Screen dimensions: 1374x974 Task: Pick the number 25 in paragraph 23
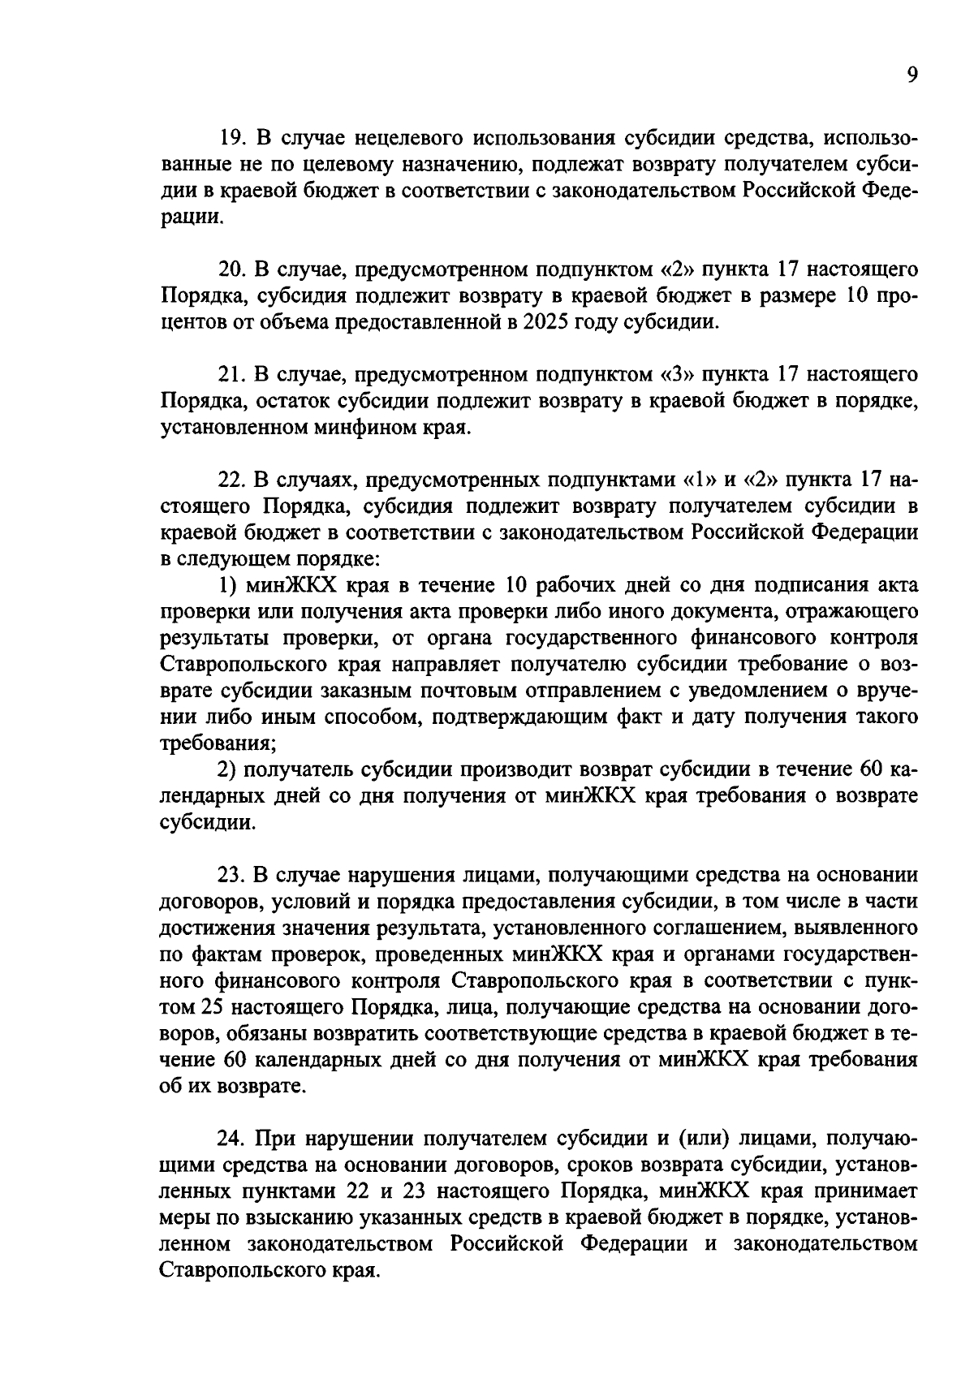tap(208, 1007)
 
